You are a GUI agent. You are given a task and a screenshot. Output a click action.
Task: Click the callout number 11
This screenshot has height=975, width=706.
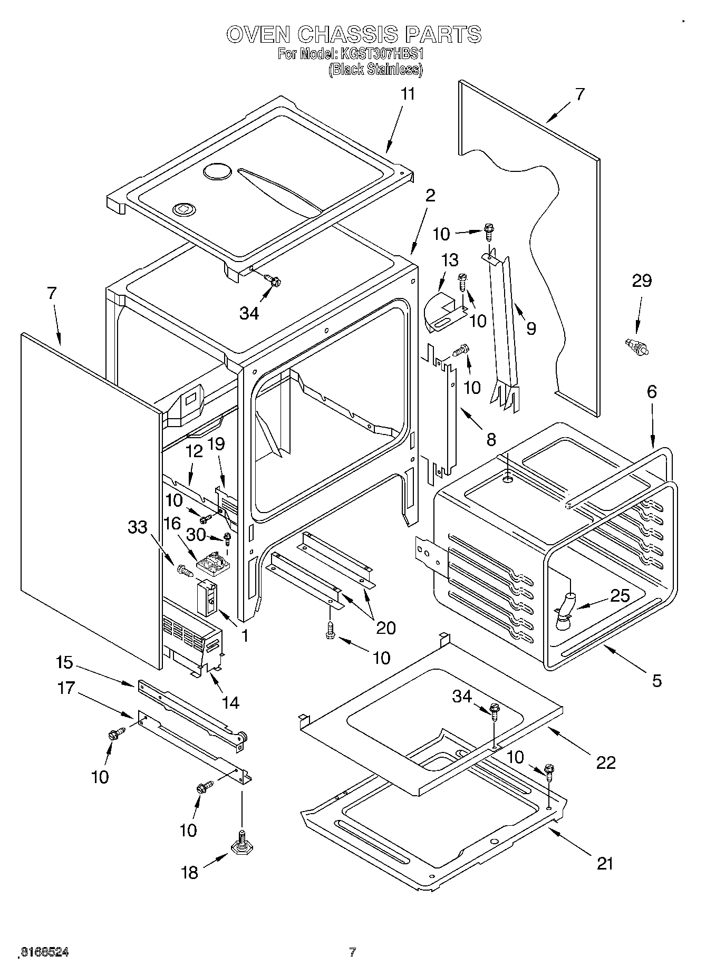408,94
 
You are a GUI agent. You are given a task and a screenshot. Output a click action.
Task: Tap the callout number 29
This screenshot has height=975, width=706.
642,281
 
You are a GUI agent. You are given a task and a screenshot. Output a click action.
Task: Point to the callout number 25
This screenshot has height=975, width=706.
620,596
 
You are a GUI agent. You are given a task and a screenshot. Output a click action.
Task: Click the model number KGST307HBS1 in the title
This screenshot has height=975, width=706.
382,54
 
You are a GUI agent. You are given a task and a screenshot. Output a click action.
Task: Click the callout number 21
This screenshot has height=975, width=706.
605,864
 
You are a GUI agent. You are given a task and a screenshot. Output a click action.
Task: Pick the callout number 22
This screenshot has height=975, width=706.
605,762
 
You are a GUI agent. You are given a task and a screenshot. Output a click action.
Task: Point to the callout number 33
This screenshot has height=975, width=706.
138,526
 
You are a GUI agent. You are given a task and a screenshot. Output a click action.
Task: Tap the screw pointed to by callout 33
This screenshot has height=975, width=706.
183,569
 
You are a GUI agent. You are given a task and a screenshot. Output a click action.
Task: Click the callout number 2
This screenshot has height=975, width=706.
430,196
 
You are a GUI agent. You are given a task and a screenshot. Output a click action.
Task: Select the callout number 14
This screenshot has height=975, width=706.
230,702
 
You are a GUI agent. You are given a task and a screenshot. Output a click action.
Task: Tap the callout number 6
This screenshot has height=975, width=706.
652,392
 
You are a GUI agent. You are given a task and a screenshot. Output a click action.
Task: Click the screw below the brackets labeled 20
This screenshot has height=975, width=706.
330,631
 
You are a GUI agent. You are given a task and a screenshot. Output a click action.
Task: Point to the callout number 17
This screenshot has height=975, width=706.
66,688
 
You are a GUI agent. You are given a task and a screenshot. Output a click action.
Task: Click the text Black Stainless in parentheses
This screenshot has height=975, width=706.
375,70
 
